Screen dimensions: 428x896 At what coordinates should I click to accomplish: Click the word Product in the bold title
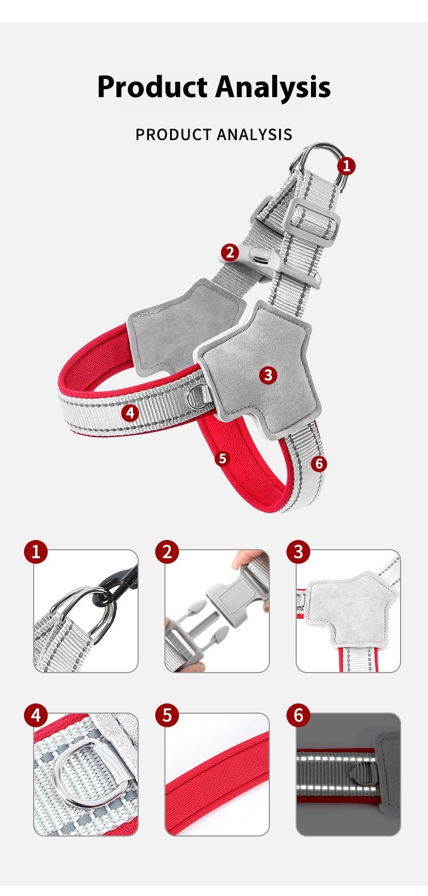click(x=152, y=87)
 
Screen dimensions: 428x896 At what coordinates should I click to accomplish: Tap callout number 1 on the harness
click(x=346, y=166)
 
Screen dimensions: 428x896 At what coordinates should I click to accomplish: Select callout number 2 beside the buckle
click(x=230, y=253)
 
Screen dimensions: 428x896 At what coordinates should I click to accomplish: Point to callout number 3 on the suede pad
click(x=268, y=375)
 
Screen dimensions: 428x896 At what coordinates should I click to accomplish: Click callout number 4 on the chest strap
click(x=130, y=413)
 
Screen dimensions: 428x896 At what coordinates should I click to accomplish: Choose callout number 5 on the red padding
click(x=223, y=458)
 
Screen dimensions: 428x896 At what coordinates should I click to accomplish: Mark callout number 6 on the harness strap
click(x=319, y=463)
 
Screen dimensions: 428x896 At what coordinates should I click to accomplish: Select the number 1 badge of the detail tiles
click(x=35, y=552)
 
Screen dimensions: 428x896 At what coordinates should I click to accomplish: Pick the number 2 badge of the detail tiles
click(x=167, y=552)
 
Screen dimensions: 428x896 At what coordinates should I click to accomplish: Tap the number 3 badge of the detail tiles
click(x=298, y=552)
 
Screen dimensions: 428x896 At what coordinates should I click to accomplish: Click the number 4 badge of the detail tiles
click(x=35, y=715)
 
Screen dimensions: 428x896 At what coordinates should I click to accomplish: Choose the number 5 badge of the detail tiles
click(x=167, y=715)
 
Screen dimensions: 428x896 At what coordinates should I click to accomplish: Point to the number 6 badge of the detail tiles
click(x=298, y=715)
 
